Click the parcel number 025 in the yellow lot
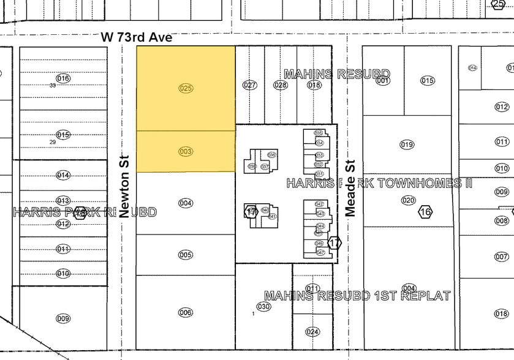tap(186, 88)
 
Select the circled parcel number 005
tap(186, 255)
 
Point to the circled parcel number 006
tap(186, 312)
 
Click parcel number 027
tap(249, 85)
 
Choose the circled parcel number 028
tap(281, 85)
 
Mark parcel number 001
tap(383, 80)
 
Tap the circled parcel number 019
tap(407, 144)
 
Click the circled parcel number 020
tap(409, 200)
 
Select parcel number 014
tap(63, 175)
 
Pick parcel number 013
tap(63, 201)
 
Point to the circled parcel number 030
tap(263, 306)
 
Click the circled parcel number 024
tap(312, 332)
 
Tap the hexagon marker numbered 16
tap(425, 212)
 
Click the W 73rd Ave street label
tap(137, 38)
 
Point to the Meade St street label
tap(350, 187)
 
